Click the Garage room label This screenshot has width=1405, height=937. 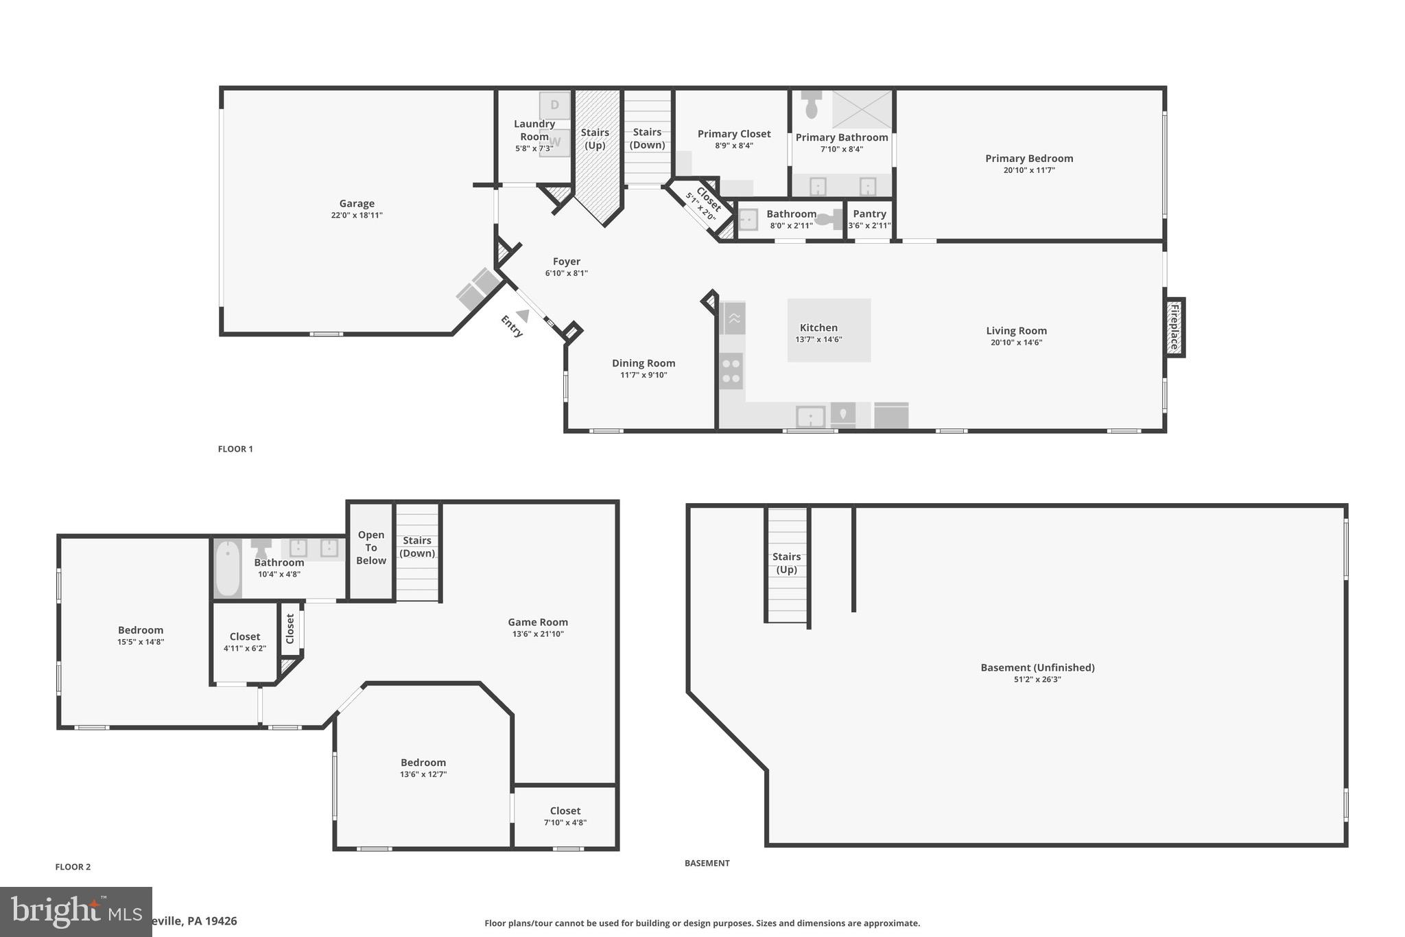click(356, 203)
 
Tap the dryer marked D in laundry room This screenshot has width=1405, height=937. click(554, 105)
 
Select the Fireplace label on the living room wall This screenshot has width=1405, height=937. click(1174, 327)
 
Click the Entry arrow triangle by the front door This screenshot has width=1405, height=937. click(523, 316)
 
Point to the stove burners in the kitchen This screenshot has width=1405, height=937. click(731, 371)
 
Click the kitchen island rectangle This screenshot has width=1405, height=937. click(829, 329)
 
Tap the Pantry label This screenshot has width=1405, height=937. click(869, 213)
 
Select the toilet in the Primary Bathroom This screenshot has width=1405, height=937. click(812, 104)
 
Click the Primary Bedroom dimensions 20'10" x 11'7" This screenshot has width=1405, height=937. click(1028, 170)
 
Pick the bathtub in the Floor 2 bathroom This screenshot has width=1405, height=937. click(228, 569)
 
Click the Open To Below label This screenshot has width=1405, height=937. click(371, 547)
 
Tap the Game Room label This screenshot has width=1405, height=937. click(538, 622)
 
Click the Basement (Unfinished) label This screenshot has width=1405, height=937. click(1037, 667)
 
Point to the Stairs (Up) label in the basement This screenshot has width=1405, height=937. click(786, 563)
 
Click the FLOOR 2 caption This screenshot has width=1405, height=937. click(73, 867)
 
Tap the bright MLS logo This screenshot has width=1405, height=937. click(75, 911)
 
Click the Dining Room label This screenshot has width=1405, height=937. click(644, 363)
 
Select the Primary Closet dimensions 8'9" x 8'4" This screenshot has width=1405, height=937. click(734, 146)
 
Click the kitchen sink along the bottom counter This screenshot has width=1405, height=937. click(810, 416)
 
